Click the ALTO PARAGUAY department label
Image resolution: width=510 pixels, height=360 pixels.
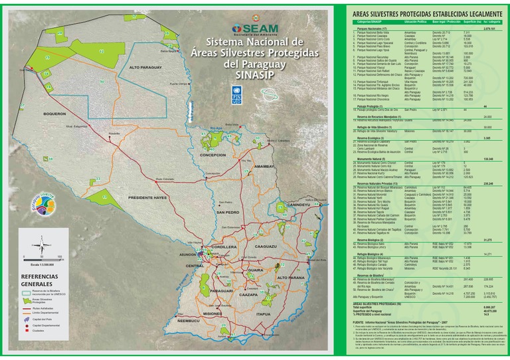pyautogui.click(x=146, y=68)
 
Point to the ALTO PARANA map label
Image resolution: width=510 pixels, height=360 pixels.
pyautogui.click(x=291, y=277)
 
